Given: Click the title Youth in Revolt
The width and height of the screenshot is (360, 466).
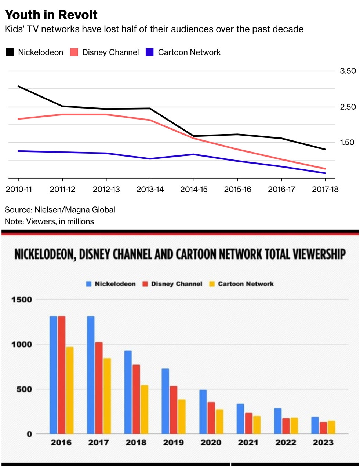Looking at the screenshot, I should pyautogui.click(x=51, y=15).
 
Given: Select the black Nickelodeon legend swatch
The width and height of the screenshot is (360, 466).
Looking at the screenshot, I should pyautogui.click(x=10, y=52).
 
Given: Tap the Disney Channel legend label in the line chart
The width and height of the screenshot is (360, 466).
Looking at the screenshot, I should pyautogui.click(x=110, y=52).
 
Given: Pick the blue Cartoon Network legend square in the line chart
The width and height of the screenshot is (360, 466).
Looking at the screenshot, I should pyautogui.click(x=150, y=52).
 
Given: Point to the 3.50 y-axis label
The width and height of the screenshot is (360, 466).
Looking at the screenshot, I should pyautogui.click(x=348, y=71).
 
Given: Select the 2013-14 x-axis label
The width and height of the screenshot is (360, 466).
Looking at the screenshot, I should pyautogui.click(x=150, y=190).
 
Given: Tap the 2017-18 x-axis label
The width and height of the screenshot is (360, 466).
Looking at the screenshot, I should pyautogui.click(x=325, y=190).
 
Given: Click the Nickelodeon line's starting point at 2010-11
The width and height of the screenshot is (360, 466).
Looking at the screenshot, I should pyautogui.click(x=19, y=87).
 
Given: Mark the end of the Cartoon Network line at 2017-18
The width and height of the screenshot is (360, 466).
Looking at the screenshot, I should pyautogui.click(x=325, y=173).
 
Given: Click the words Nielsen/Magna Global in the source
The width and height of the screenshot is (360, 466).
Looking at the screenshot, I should pyautogui.click(x=75, y=210).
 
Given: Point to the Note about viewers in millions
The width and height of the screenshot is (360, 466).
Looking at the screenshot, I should pyautogui.click(x=49, y=221).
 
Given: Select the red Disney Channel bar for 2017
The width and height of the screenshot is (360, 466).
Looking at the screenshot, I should pyautogui.click(x=99, y=388).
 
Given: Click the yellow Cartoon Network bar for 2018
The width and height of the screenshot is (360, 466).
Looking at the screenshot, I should pyautogui.click(x=144, y=409).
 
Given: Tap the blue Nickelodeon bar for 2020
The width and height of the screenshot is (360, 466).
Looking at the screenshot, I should pyautogui.click(x=203, y=412).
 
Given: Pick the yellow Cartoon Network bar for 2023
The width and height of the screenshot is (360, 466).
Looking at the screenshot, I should pyautogui.click(x=331, y=427).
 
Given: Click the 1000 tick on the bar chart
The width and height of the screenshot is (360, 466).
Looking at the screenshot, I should pyautogui.click(x=21, y=345).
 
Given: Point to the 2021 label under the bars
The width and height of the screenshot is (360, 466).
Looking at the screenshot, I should pyautogui.click(x=248, y=443).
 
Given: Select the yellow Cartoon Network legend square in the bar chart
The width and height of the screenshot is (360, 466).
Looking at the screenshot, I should pyautogui.click(x=212, y=284).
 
